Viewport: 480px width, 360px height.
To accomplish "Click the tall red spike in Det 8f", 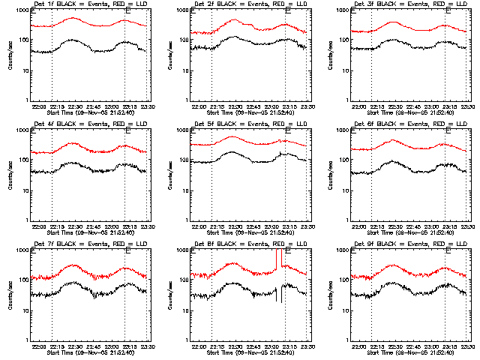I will [277, 259].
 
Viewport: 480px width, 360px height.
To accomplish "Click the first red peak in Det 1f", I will [73, 18].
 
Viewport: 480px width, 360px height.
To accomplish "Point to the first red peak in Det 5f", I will [232, 136].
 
